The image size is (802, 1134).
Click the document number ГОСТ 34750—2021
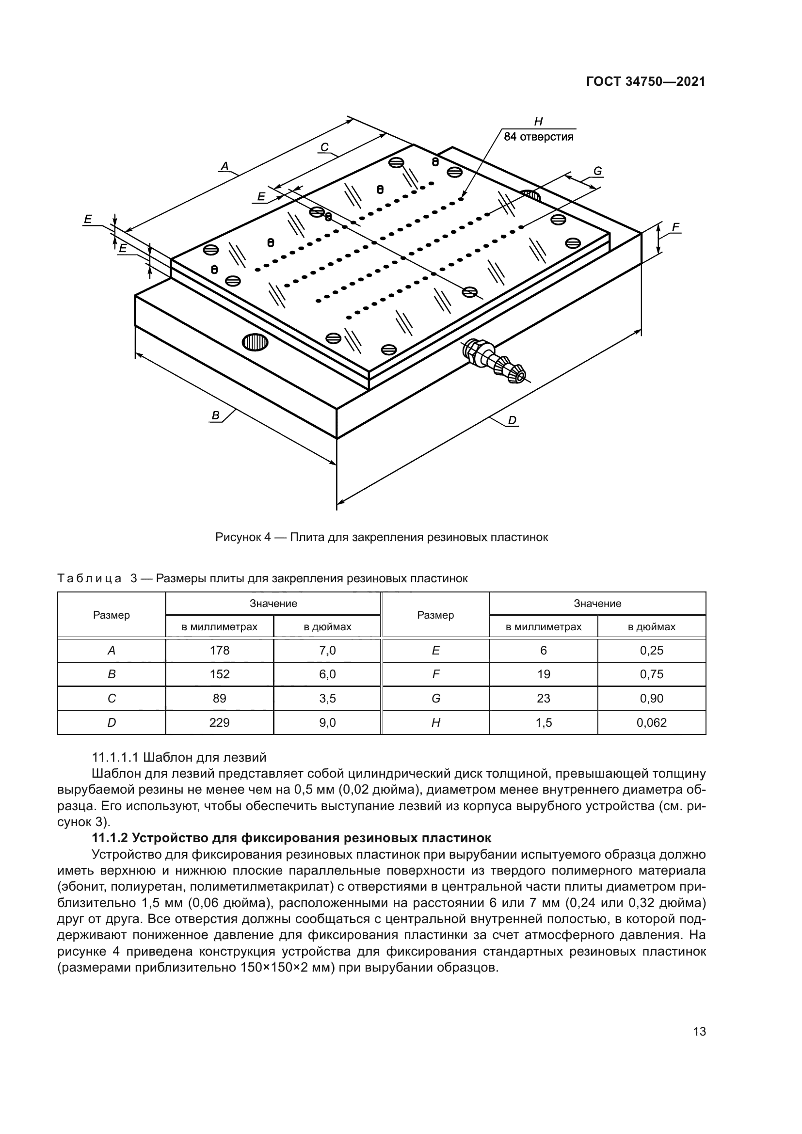645,82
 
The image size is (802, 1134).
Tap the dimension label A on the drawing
225,166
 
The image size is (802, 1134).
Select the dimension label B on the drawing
215,415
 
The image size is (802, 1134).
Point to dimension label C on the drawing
324,147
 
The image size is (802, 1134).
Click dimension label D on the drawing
512,420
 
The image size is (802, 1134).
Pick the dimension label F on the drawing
675,227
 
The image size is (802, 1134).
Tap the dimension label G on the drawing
597,171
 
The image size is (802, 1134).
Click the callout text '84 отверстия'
538,137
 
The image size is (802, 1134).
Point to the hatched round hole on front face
255,342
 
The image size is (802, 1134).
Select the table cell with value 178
219,651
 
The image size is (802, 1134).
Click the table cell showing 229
219,722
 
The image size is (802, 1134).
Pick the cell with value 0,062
651,722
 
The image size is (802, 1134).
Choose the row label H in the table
435,722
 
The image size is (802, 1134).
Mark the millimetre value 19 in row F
543,674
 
